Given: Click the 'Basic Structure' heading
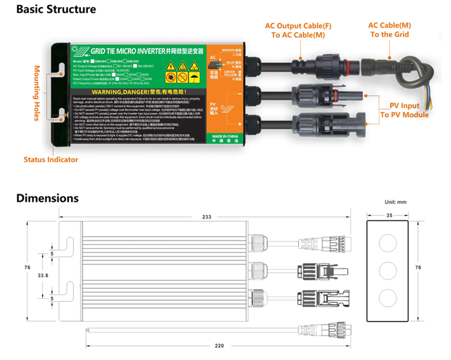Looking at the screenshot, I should pos(56,9).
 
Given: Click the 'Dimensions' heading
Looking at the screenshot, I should pos(47,198).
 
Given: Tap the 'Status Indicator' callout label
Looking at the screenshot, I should pos(51,159).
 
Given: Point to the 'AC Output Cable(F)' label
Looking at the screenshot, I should pos(298,26).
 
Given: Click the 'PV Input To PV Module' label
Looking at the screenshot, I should pos(404,110).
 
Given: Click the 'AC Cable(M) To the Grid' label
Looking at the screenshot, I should pos(389,30).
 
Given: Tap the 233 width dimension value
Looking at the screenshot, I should pos(206,217).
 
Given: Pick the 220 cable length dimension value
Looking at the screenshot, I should pos(218,346).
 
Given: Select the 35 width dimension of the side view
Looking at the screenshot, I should pos(389,216).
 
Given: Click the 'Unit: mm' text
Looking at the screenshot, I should pos(396,202).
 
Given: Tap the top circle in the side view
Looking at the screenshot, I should pos(389,243).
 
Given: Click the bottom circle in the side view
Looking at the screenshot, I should pos(389,298).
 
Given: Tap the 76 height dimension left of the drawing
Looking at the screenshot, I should pos(28,268).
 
